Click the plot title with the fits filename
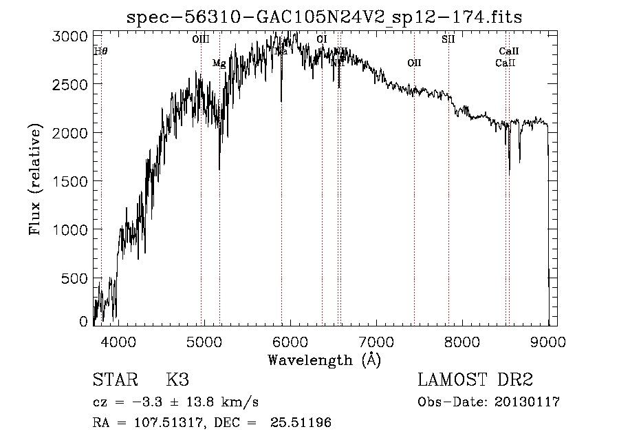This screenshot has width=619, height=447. (325, 17)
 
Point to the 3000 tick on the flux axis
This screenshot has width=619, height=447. (69, 36)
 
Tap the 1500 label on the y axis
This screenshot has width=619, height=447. (69, 181)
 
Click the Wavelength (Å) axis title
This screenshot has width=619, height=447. (324, 359)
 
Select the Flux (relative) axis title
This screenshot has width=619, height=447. (35, 180)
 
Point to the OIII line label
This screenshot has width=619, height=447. (201, 40)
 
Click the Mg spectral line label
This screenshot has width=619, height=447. (219, 64)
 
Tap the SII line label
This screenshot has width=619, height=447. (448, 40)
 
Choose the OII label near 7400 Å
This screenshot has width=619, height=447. (414, 63)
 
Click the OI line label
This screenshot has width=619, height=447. (322, 40)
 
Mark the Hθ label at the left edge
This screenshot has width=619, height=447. (100, 51)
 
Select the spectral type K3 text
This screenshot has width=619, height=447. (177, 381)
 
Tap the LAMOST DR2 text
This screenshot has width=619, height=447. (475, 381)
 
